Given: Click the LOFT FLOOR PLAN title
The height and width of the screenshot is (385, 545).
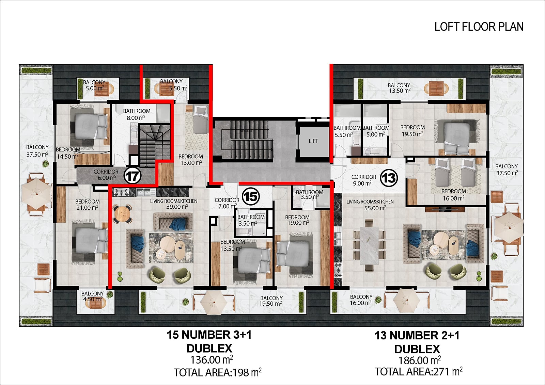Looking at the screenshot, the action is point(479,27).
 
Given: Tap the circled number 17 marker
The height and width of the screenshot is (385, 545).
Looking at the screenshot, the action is point(133,176).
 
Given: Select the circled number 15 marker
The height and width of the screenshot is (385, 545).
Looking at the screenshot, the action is point(251,196).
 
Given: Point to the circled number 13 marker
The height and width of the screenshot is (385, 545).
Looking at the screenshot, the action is point(389,178).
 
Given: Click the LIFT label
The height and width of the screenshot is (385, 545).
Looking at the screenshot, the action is point(313,141).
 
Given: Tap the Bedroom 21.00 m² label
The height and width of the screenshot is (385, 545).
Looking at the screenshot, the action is point(87,205).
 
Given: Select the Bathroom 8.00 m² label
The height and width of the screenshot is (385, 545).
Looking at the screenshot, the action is point(137,114).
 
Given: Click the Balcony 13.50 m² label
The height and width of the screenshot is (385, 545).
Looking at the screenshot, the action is point(399,88).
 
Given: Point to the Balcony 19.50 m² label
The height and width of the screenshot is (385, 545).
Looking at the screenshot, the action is point(271,301).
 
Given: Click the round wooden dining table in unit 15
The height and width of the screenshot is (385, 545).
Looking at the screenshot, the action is point(123,214).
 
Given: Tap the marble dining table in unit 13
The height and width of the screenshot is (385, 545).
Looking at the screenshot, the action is point(369,245).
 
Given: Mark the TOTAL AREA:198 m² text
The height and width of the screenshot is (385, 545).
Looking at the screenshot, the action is point(218,372).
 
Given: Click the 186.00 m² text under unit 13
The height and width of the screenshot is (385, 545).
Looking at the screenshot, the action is point(419,360).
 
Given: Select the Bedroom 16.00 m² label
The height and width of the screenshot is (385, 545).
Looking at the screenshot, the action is point(453,195).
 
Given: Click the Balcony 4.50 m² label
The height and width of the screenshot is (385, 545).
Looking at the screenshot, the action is point(92,296).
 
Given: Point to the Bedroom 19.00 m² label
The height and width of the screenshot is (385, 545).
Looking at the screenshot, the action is point(297,220).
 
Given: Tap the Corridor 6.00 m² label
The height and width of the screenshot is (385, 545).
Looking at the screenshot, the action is point(106,175).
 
